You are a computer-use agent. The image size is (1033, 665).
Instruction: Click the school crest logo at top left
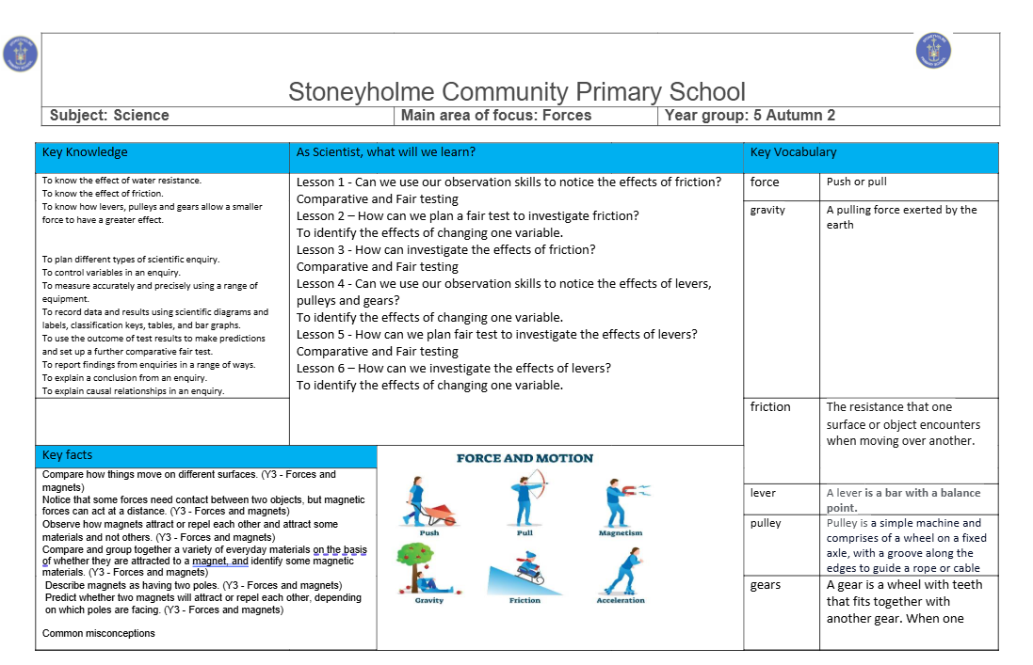pos(20,54)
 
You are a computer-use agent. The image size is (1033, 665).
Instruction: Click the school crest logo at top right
pos(933,50)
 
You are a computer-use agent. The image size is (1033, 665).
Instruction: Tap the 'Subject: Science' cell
pos(109,116)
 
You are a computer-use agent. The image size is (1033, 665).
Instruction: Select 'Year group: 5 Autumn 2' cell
pos(750,116)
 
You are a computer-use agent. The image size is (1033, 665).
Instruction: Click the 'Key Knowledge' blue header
pos(85,152)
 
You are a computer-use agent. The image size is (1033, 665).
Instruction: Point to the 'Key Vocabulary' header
pos(793,152)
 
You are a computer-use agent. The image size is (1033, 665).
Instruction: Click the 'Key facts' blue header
pos(68,455)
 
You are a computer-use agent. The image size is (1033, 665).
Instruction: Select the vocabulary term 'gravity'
pos(767,210)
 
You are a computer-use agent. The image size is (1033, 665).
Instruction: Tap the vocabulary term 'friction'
pos(770,407)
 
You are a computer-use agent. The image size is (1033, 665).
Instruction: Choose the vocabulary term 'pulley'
pos(766,523)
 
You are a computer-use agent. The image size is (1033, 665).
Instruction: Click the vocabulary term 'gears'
pos(766,585)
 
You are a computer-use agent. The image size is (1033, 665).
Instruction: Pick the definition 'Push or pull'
pos(856,182)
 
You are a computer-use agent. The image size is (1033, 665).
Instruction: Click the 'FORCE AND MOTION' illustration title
pos(525,459)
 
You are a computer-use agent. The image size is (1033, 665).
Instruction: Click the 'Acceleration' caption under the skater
pos(621,601)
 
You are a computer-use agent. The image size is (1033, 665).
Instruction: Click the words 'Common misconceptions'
pos(99,633)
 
